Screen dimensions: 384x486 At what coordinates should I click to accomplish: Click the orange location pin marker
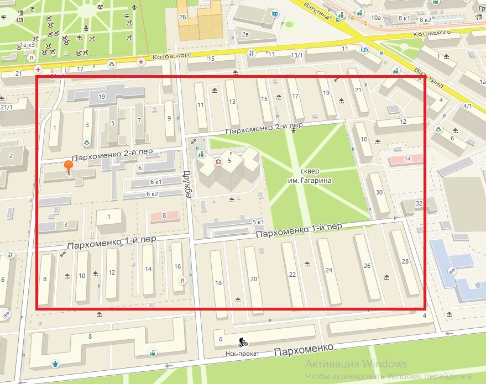[69, 166]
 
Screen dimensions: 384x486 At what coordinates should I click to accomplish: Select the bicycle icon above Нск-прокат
[242, 343]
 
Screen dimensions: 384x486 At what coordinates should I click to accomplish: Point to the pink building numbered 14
[407, 159]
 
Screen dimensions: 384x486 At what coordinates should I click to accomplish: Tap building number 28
[405, 261]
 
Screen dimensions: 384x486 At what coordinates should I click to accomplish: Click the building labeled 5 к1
[258, 222]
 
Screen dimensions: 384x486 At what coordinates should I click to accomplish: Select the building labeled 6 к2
[152, 194]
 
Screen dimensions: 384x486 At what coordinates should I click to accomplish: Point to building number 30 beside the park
[379, 192]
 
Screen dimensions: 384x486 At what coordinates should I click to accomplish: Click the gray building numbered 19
[102, 97]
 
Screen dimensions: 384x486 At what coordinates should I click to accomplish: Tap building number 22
[292, 275]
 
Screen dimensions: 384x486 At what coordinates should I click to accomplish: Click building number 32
[419, 203]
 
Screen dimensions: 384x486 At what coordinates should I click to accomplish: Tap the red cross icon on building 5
[218, 161]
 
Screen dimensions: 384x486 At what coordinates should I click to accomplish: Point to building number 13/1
[297, 55]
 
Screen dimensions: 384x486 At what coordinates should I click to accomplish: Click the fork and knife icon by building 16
[182, 281]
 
